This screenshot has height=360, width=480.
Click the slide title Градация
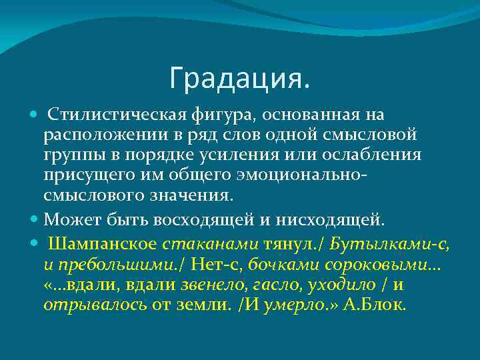point(239,79)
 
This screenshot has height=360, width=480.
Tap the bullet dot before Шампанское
point(35,243)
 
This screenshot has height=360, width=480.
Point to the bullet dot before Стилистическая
point(35,116)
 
